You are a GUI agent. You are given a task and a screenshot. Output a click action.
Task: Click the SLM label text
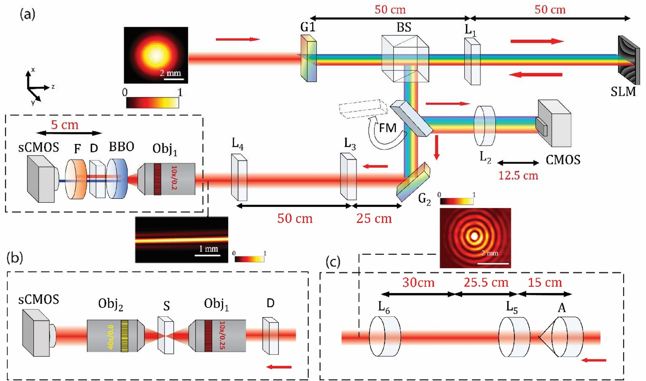click(x=623, y=91)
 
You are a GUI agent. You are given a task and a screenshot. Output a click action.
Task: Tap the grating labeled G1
click(x=308, y=58)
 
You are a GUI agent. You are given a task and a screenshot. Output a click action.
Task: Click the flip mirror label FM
click(x=387, y=128)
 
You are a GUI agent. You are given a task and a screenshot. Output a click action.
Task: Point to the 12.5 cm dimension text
click(x=518, y=175)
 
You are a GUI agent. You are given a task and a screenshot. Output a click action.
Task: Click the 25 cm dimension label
click(x=374, y=218)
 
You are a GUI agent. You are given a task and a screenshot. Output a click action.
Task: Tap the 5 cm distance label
click(x=65, y=125)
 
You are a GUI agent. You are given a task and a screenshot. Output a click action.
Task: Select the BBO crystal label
click(x=122, y=147)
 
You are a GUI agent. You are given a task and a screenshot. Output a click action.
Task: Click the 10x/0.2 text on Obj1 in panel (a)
click(x=174, y=178)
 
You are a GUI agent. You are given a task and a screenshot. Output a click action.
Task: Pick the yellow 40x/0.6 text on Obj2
click(x=111, y=336)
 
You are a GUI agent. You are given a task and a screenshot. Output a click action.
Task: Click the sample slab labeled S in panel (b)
click(x=166, y=335)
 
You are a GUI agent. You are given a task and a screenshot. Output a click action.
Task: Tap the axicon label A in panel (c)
click(x=562, y=308)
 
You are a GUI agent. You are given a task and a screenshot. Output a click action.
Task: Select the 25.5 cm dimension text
click(x=486, y=282)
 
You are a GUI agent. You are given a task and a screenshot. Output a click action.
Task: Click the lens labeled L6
click(x=385, y=336)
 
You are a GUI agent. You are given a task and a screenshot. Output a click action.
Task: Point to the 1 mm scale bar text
click(x=208, y=249)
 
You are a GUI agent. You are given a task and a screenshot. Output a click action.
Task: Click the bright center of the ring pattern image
click(x=474, y=236)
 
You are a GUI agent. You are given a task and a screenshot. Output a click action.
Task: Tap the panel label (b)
click(x=15, y=258)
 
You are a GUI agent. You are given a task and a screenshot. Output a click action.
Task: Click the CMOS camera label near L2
click(x=563, y=160)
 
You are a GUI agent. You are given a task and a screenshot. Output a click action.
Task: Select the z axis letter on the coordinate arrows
click(x=53, y=87)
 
